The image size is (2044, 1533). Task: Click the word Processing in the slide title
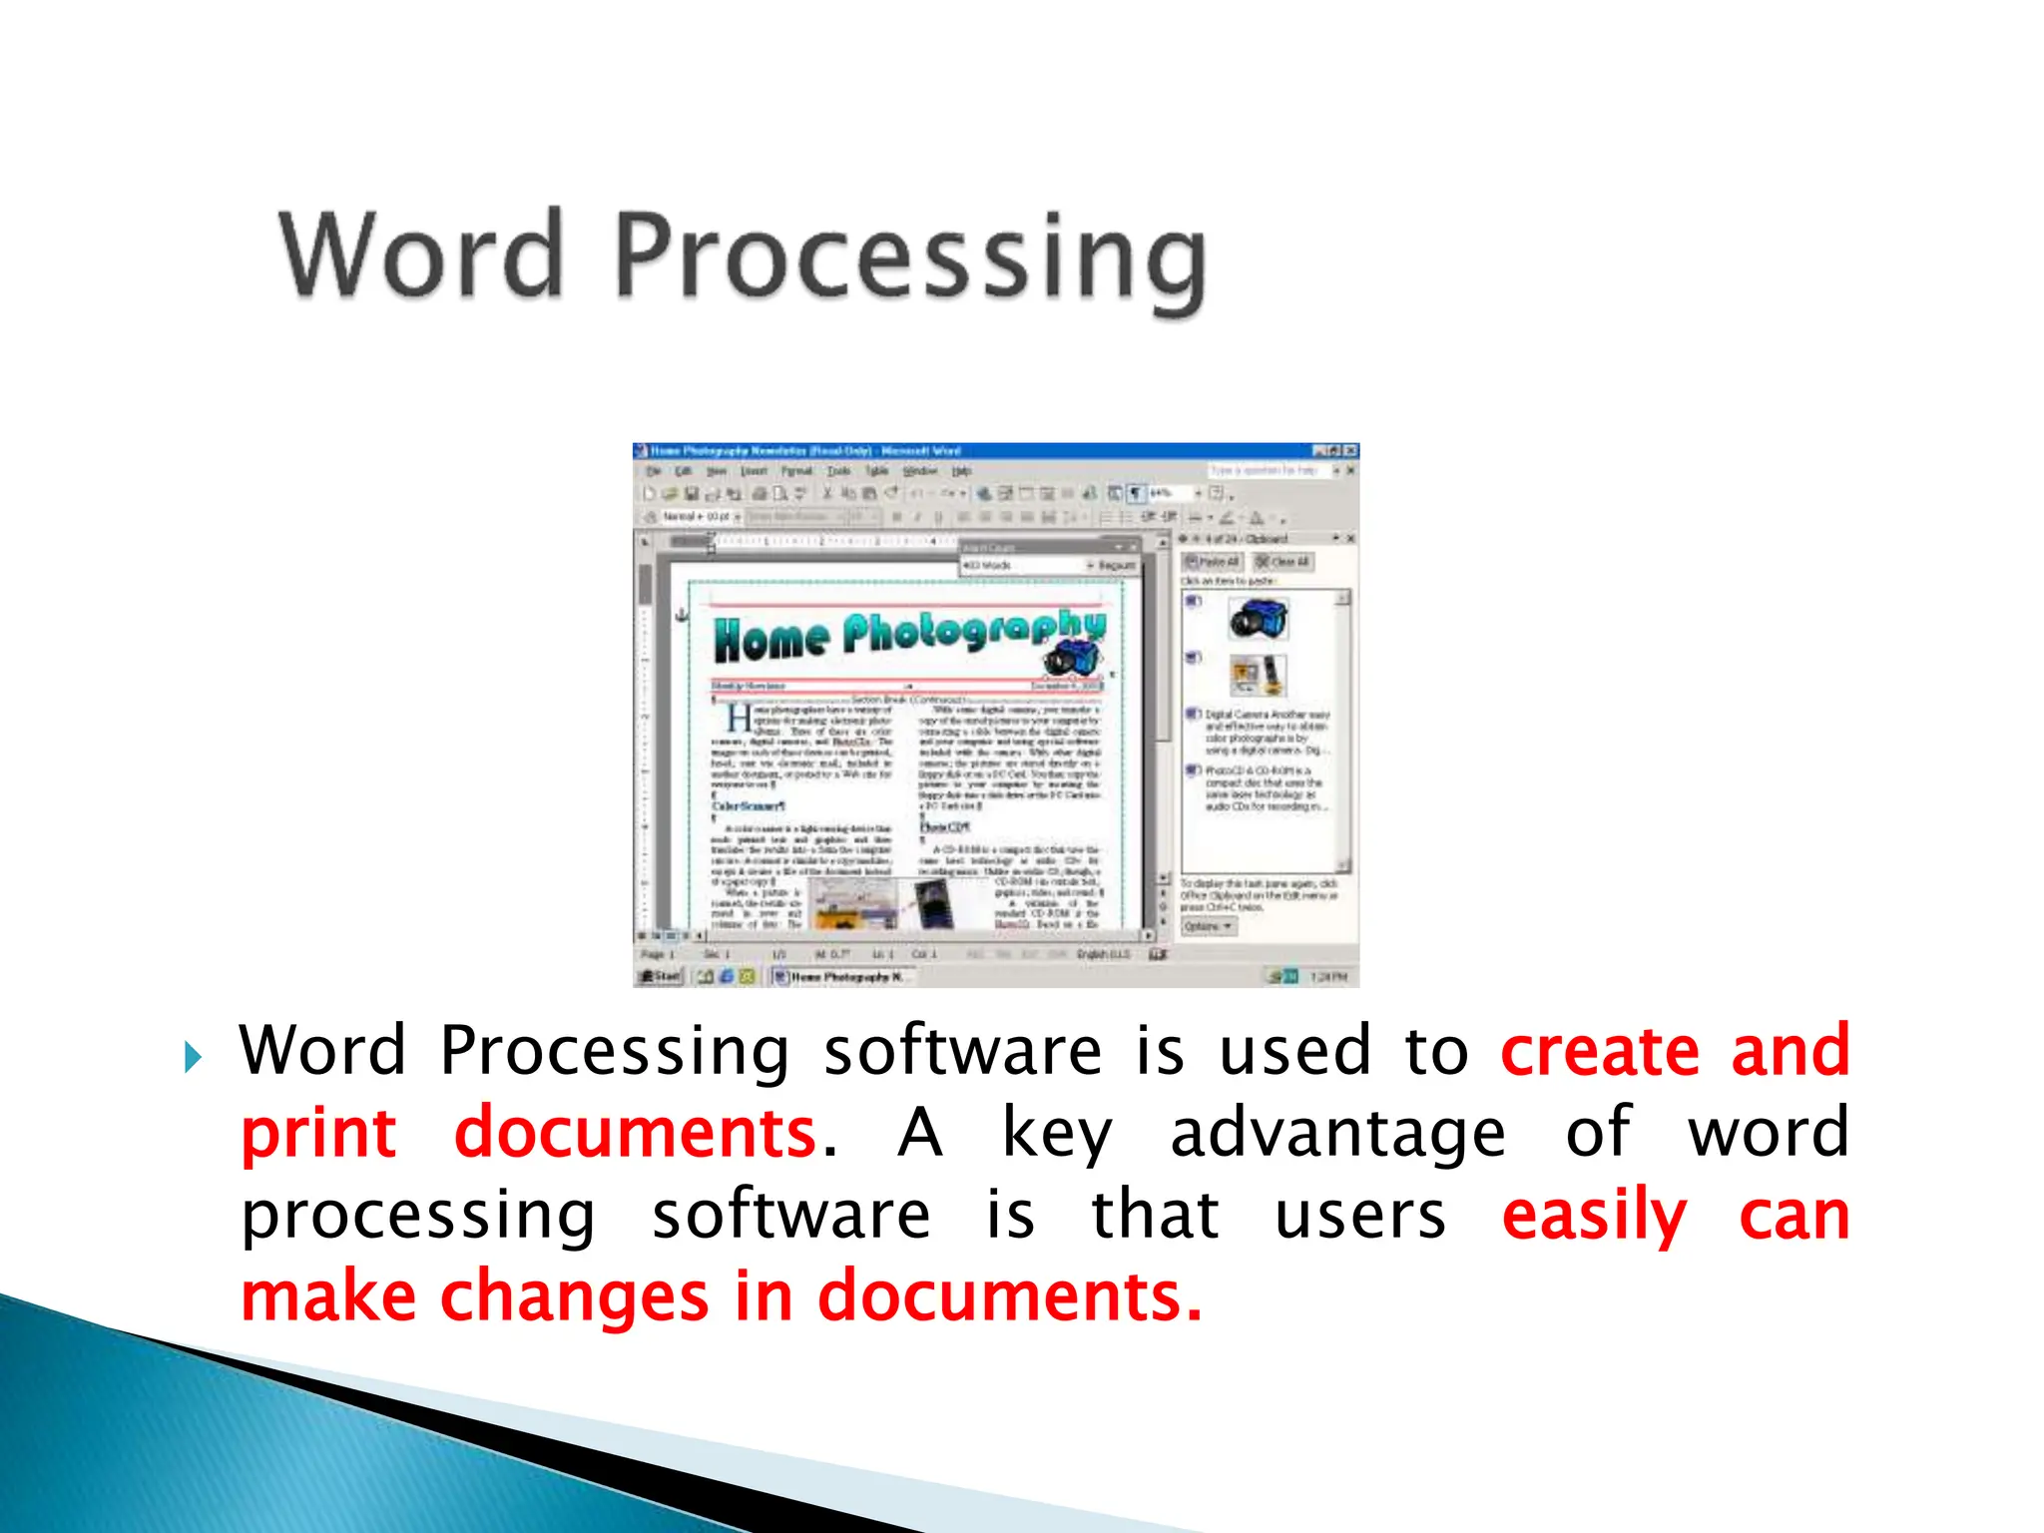click(x=910, y=259)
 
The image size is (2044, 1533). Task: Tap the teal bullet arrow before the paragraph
click(x=193, y=1057)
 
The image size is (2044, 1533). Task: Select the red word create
click(x=1599, y=1051)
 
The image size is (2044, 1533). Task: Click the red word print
click(x=318, y=1134)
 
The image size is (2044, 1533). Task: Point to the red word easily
click(x=1594, y=1217)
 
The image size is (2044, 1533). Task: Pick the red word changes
click(x=575, y=1296)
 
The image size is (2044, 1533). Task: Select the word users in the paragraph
click(x=1360, y=1216)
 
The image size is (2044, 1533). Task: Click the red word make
click(x=328, y=1296)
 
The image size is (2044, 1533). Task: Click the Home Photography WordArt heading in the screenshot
click(x=908, y=635)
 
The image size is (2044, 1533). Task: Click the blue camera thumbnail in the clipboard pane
click(x=1259, y=618)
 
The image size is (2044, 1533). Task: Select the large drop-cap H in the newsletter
click(x=739, y=719)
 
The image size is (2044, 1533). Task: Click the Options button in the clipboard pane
click(x=1209, y=926)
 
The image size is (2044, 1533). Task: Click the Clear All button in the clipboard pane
click(x=1283, y=562)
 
